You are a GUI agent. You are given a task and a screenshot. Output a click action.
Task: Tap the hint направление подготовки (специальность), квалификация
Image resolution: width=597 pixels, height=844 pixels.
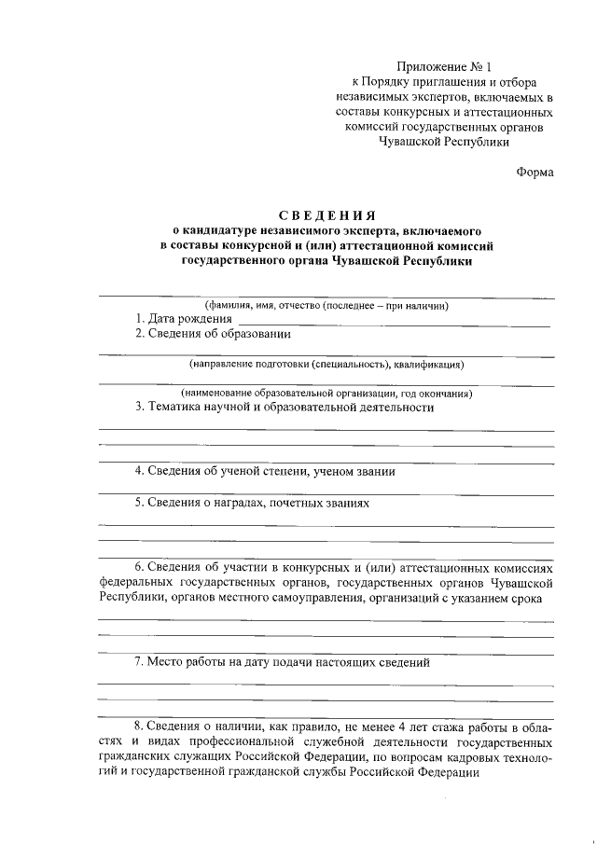(327, 364)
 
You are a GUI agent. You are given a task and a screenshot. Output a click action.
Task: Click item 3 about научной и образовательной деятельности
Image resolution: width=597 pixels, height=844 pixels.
(285, 407)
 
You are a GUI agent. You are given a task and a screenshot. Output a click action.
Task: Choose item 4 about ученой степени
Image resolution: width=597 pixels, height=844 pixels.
(265, 471)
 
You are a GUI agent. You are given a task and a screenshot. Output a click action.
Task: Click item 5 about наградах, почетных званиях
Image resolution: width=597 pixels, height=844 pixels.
(253, 503)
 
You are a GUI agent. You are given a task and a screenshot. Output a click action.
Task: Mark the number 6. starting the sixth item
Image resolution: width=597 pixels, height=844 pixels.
(140, 567)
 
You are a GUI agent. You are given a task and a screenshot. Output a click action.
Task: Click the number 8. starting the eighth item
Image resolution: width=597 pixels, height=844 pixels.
(140, 726)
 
